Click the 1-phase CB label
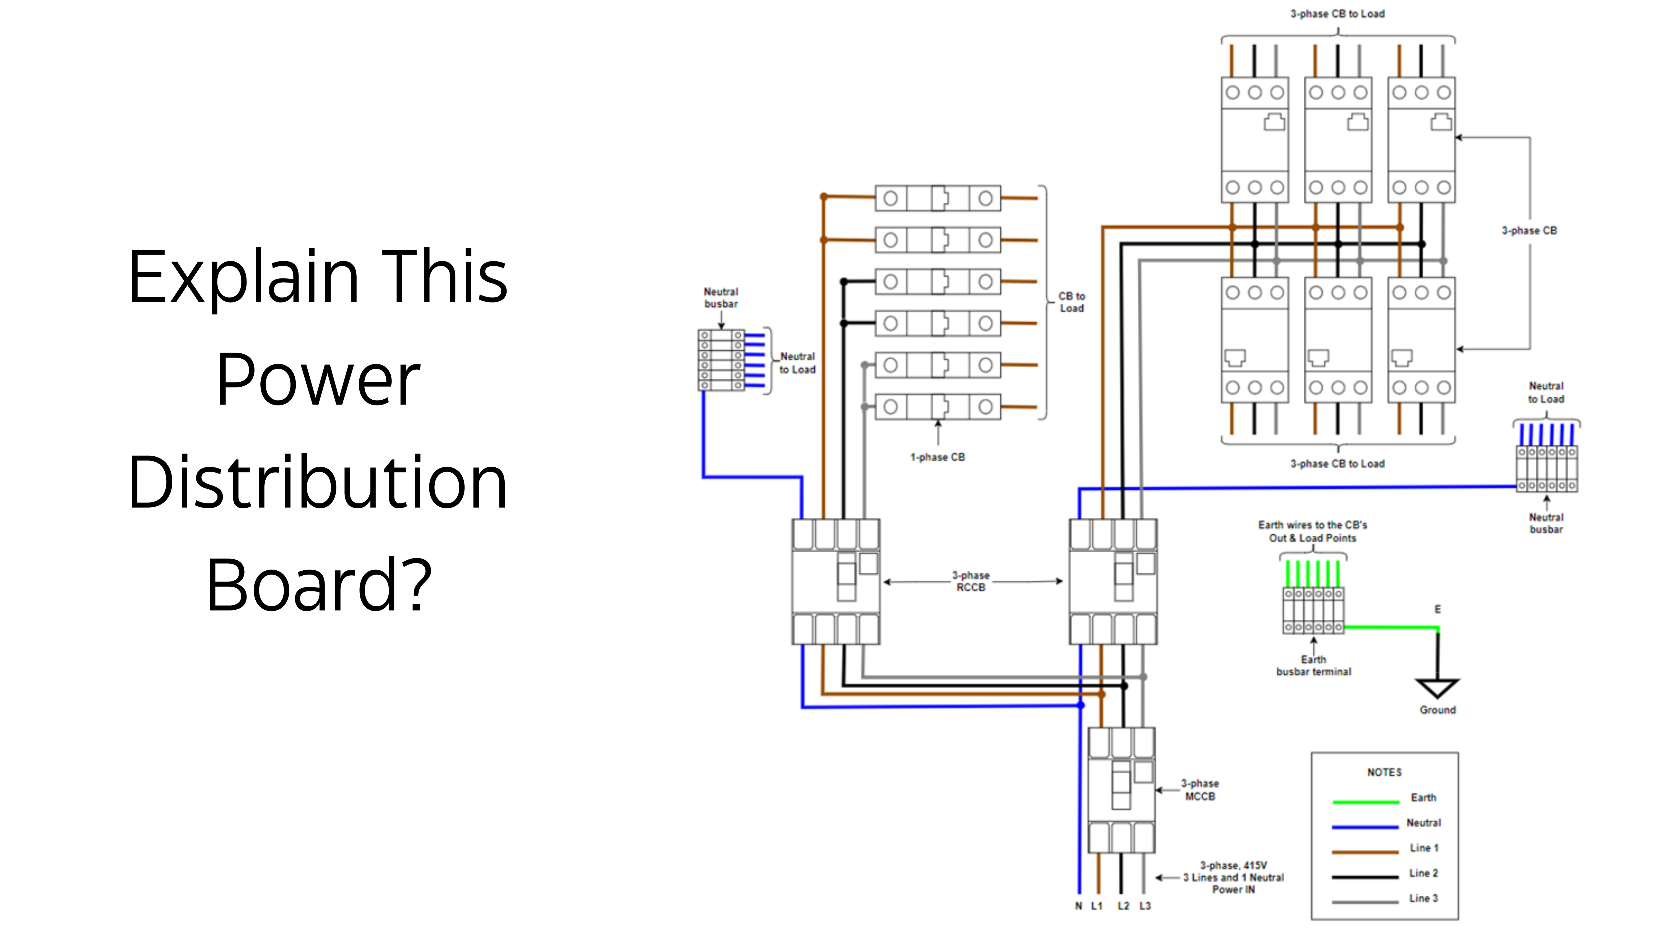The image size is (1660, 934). [938, 457]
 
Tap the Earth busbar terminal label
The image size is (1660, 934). [1313, 665]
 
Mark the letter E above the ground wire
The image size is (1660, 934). [1437, 609]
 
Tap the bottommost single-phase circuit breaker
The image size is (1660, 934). [938, 407]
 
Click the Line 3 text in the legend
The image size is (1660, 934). [1423, 898]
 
